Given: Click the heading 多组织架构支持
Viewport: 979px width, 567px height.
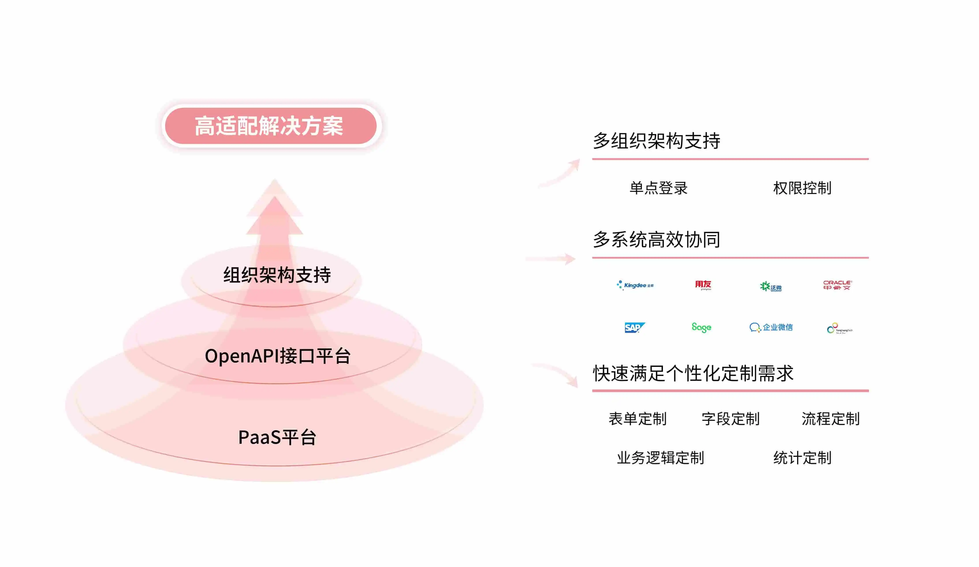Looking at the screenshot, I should click(x=656, y=141).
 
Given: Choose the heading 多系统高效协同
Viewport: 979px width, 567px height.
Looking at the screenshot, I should click(x=656, y=239).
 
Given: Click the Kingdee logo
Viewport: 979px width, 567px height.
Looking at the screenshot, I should click(x=635, y=285).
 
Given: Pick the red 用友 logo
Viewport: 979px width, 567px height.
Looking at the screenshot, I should click(x=703, y=285).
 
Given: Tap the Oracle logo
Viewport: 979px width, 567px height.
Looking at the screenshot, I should click(x=837, y=285).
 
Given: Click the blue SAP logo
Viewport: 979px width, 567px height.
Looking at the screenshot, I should click(x=634, y=328).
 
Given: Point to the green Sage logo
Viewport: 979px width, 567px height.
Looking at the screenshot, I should click(x=701, y=328).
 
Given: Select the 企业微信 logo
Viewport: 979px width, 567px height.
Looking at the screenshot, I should click(x=771, y=328).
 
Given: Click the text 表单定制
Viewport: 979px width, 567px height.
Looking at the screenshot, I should click(x=638, y=419).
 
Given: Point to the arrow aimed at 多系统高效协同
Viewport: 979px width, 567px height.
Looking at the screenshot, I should click(x=552, y=259).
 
